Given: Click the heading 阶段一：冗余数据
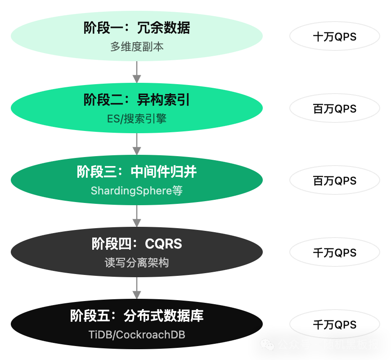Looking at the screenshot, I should (137, 28).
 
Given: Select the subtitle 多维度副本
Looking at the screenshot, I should (137, 47).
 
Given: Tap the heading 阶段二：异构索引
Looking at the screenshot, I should (137, 100).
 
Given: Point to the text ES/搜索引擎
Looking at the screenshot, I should (137, 119).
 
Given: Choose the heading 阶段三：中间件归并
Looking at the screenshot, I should (137, 172).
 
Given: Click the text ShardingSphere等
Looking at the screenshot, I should (137, 191).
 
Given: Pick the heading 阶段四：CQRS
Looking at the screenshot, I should (137, 244).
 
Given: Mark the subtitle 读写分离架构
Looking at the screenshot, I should (137, 263).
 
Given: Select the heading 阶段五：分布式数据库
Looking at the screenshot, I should (137, 316).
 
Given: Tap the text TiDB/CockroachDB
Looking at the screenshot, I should (137, 335).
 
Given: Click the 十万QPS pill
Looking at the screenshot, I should (334, 37).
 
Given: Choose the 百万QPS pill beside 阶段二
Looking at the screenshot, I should (334, 109).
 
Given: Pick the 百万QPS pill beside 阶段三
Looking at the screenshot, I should (334, 181).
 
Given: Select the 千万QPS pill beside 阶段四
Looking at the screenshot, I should (334, 253).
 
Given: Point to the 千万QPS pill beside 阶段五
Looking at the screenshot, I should (334, 325).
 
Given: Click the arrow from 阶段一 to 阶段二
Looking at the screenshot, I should (137, 72).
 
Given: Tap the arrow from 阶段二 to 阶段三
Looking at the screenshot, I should (137, 144).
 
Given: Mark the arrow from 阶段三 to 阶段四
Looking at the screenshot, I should (137, 216).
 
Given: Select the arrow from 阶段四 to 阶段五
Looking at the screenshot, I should (137, 288).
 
